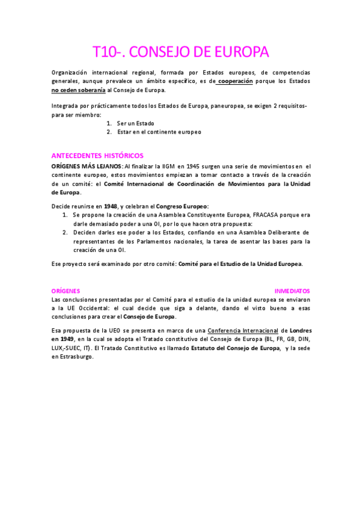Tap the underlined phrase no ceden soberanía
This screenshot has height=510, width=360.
pyautogui.click(x=79, y=90)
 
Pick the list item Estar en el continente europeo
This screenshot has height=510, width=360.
pyautogui.click(x=159, y=131)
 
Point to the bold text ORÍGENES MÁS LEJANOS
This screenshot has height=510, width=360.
pyautogui.click(x=87, y=165)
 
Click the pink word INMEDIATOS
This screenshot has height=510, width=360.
pyautogui.click(x=292, y=289)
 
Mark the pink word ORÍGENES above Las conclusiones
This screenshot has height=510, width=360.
pyautogui.click(x=66, y=289)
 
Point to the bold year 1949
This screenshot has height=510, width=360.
pyautogui.click(x=63, y=339)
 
